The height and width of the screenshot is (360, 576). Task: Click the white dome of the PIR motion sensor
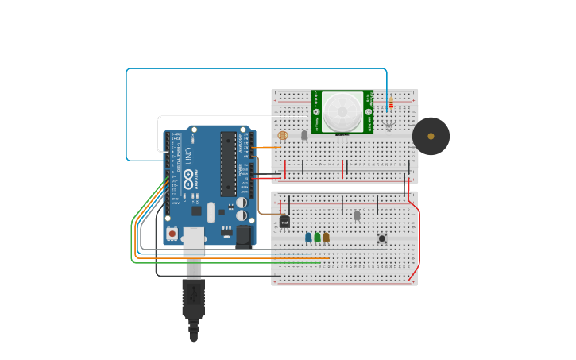(342, 110)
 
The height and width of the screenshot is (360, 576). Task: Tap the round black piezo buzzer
(431, 136)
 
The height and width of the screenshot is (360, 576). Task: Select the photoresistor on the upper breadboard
(284, 135)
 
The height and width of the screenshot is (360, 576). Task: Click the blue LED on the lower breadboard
(308, 237)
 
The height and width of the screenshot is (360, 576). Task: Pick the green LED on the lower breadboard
(317, 237)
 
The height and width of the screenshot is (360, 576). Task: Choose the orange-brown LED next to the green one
(326, 237)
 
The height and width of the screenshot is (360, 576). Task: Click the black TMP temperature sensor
(284, 222)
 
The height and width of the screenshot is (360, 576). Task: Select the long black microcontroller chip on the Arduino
(228, 164)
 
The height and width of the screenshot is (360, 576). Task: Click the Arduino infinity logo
(188, 176)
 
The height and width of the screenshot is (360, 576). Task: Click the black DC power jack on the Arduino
(242, 235)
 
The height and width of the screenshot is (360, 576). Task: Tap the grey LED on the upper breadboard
(304, 135)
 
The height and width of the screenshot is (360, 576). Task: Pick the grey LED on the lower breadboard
(357, 215)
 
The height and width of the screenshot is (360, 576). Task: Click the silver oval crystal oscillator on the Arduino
(211, 212)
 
